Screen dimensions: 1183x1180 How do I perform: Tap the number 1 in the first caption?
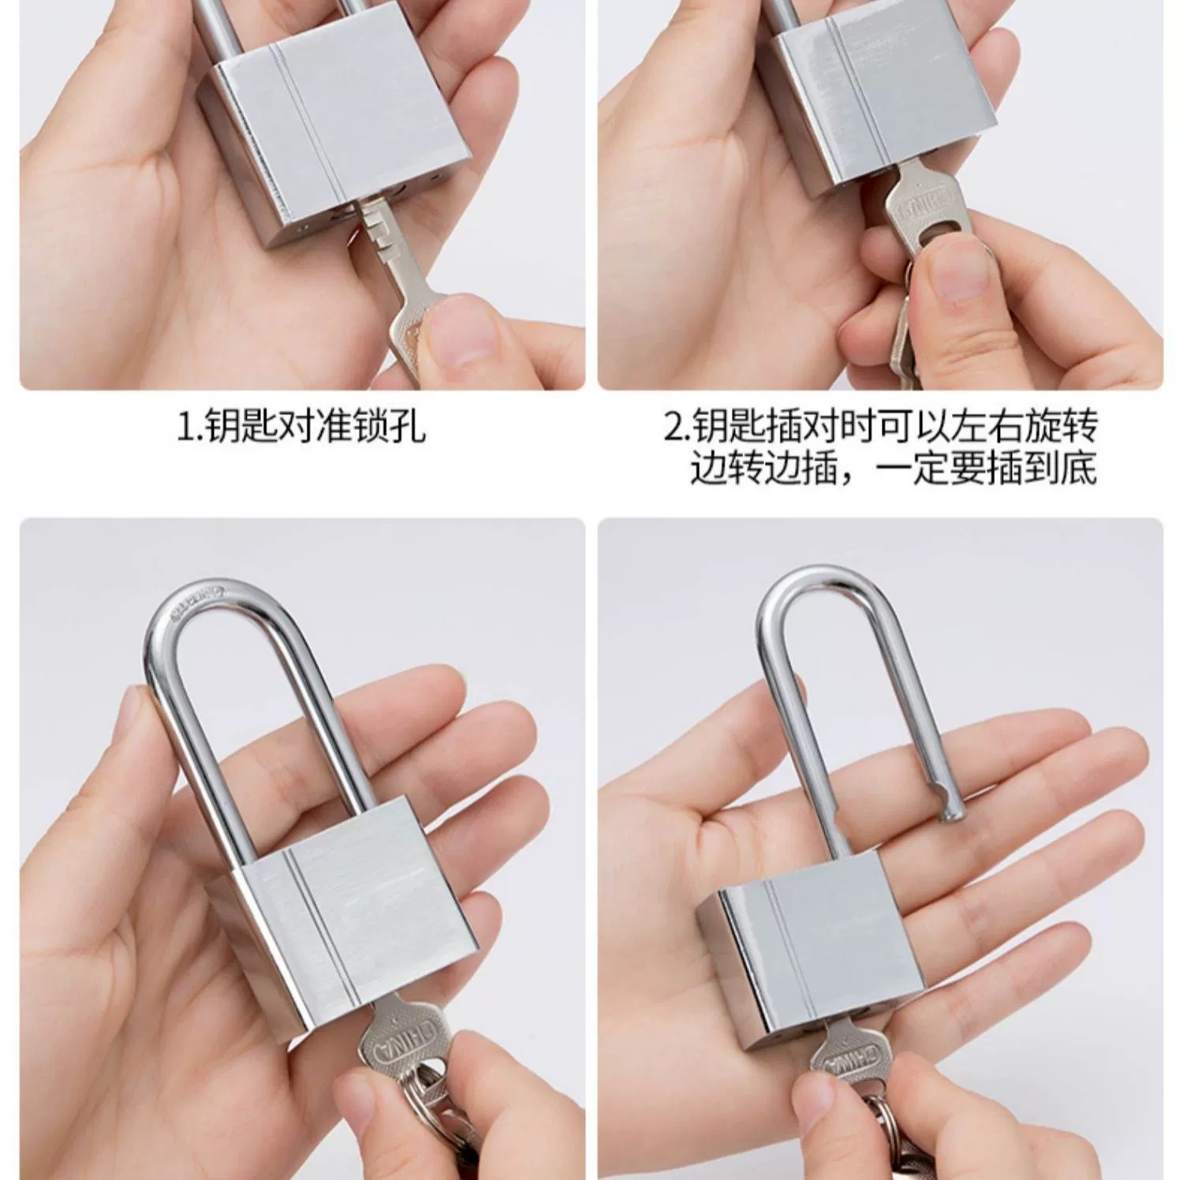184,428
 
